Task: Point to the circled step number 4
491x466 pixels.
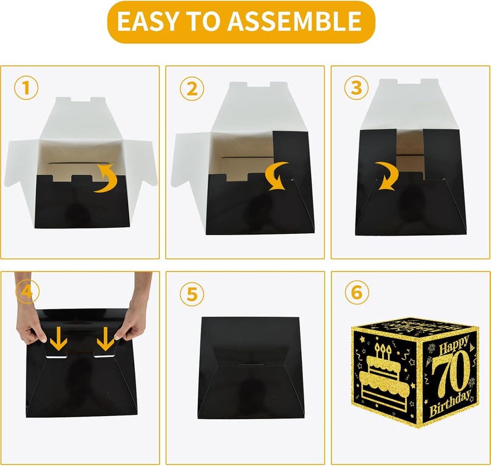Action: click(25, 293)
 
